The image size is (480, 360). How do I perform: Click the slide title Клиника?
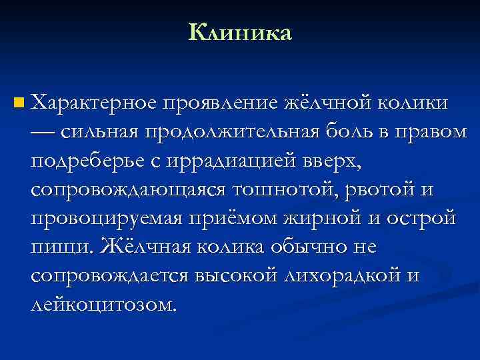pos(240,31)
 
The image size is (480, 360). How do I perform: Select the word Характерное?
pos(94,103)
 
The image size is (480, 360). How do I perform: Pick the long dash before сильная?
pos(44,132)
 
